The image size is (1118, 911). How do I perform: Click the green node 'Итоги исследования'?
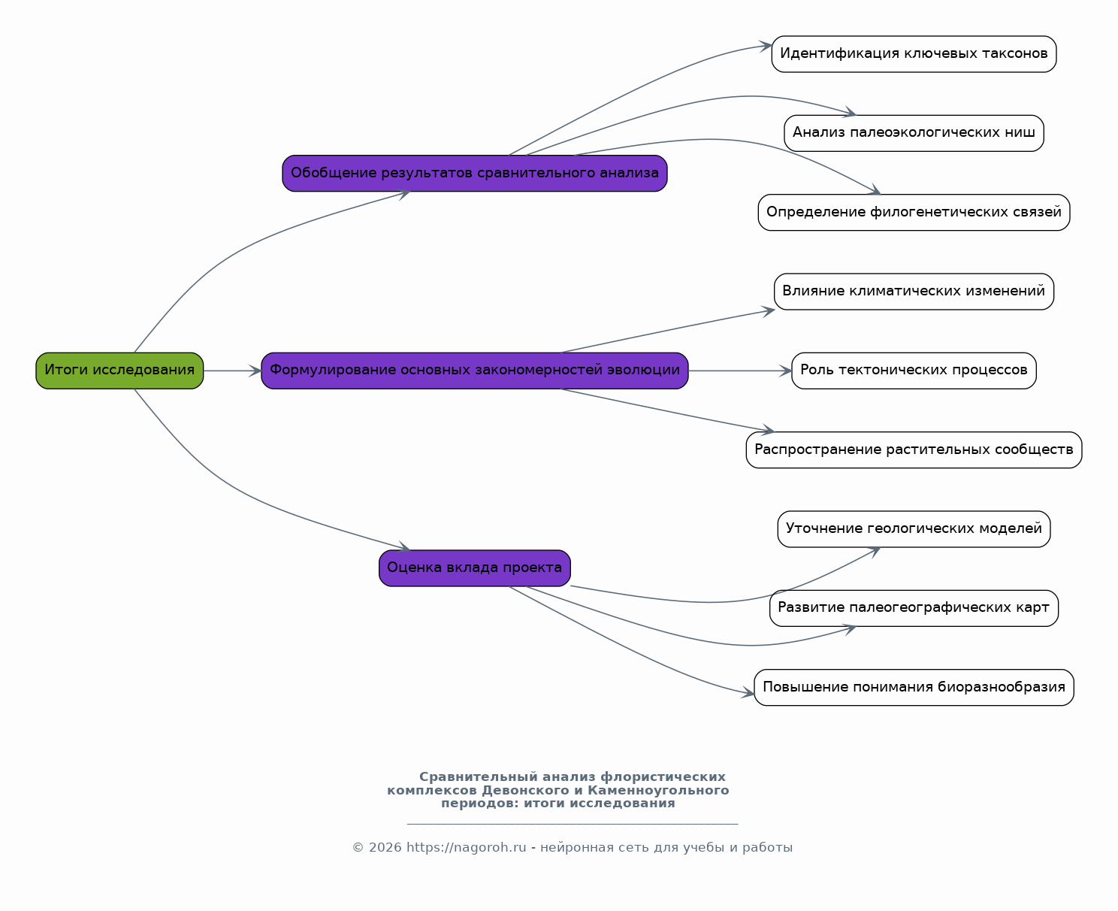click(x=119, y=371)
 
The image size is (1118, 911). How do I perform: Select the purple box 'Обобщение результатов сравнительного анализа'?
click(x=475, y=174)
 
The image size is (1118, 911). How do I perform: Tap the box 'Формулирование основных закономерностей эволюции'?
click(x=475, y=371)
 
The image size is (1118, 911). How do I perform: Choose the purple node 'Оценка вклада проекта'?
click(x=475, y=568)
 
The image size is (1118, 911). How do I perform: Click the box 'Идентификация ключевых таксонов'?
click(x=914, y=54)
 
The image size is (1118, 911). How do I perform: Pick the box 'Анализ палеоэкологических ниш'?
click(x=914, y=133)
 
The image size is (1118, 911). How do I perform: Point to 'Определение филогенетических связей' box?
click(x=914, y=212)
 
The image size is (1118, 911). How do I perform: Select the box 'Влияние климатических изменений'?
click(x=914, y=292)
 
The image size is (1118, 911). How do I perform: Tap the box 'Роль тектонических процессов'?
click(x=914, y=371)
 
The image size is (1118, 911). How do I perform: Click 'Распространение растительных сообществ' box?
click(x=914, y=450)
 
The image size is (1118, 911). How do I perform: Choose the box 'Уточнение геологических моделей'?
click(x=914, y=529)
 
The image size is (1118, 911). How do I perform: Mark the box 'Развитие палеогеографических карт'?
click(x=914, y=608)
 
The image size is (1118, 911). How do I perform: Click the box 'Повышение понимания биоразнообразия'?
click(x=914, y=687)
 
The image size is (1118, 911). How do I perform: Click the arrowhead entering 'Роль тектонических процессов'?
click(x=786, y=371)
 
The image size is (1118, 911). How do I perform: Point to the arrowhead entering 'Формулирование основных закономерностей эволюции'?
click(x=255, y=371)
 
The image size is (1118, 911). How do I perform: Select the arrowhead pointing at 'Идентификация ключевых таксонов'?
click(x=766, y=46)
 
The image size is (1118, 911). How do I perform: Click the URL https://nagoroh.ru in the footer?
click(x=466, y=847)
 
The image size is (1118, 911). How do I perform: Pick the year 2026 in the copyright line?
click(x=385, y=847)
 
